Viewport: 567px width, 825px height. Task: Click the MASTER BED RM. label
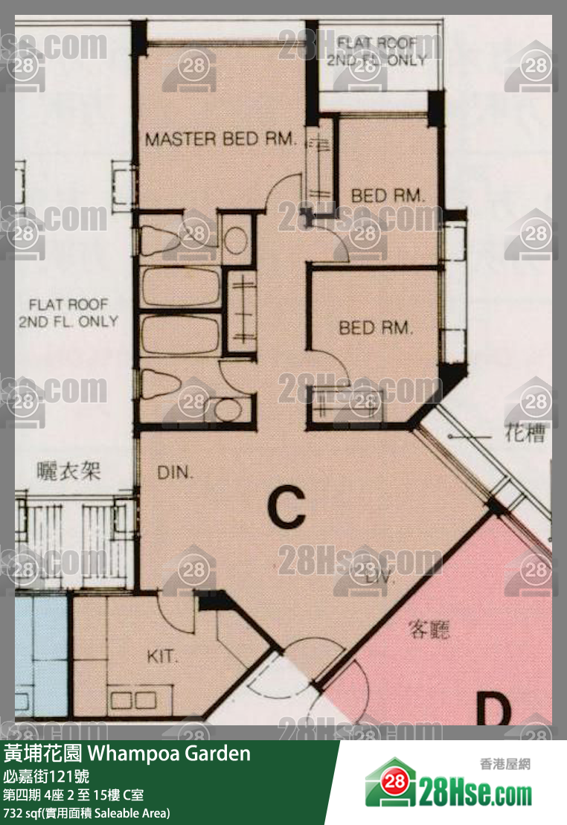coord(221,139)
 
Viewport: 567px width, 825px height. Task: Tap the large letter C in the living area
coord(286,508)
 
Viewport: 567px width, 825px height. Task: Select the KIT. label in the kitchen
coord(163,657)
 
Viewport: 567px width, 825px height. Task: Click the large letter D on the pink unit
coord(493,709)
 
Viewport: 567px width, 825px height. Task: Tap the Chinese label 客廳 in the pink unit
coord(429,629)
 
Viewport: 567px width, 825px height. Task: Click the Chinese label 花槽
coord(526,434)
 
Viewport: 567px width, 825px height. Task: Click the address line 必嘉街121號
coord(46,776)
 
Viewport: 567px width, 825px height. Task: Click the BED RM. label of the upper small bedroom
coord(388,196)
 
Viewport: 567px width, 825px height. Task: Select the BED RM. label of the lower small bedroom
coord(375,327)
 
